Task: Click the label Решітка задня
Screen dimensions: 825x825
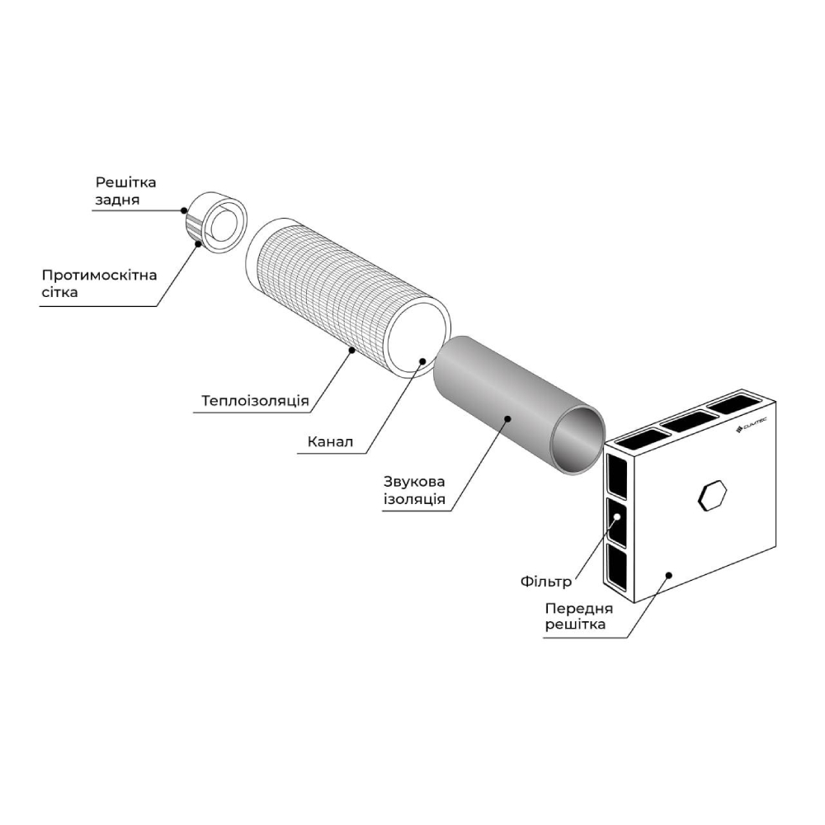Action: pyautogui.click(x=125, y=191)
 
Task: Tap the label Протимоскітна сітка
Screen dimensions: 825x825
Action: pyautogui.click(x=98, y=283)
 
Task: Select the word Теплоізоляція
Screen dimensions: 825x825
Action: pyautogui.click(x=255, y=402)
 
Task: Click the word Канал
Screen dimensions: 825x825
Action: pyautogui.click(x=330, y=443)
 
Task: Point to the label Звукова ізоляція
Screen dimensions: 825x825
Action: pyautogui.click(x=414, y=489)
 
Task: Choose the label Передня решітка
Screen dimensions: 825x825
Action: pyautogui.click(x=577, y=616)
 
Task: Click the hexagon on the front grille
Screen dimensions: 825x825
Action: pyautogui.click(x=712, y=496)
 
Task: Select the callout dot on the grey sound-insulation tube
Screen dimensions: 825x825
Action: pyautogui.click(x=507, y=419)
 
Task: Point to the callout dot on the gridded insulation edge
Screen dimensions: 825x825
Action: pyautogui.click(x=352, y=351)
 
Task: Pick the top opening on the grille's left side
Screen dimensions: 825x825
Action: pyautogui.click(x=616, y=472)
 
